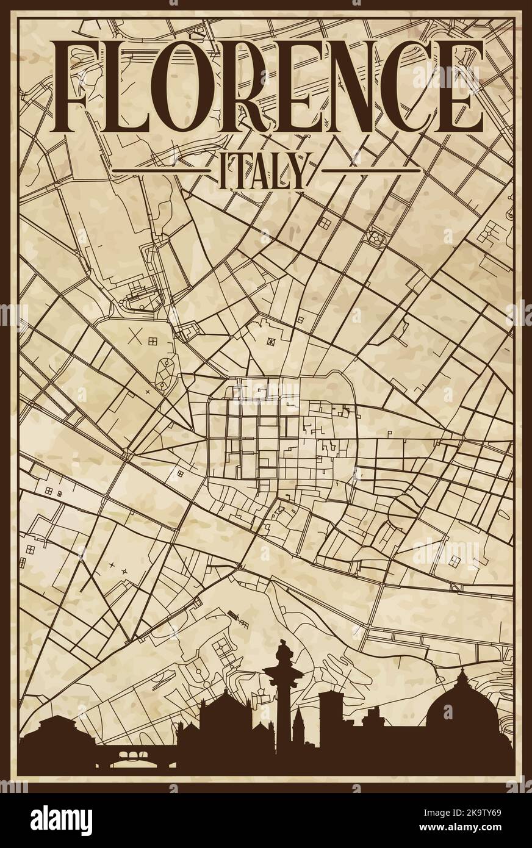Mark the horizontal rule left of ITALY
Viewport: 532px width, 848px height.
pos(164,167)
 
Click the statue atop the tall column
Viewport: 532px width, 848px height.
pos(283,653)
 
